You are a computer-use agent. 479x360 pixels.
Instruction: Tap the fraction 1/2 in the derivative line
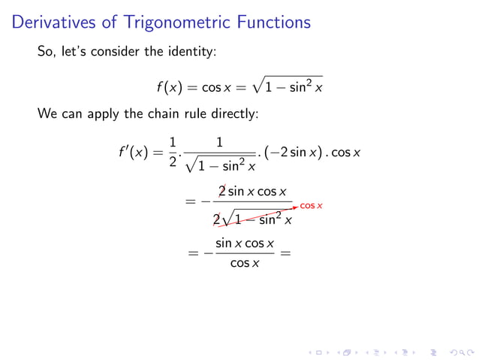(173, 153)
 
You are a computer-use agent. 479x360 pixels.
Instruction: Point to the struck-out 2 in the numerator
(222, 192)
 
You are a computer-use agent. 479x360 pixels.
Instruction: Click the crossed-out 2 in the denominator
(217, 220)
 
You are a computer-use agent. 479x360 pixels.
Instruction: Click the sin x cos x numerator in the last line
(244, 244)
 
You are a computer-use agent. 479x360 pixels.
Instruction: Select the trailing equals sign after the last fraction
(284, 253)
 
